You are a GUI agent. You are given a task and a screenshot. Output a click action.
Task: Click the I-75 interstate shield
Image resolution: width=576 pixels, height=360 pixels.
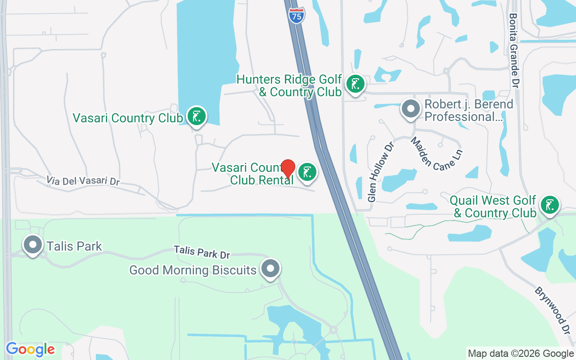point(297,15)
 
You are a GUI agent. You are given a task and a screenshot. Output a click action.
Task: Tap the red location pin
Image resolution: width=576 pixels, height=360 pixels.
point(288,169)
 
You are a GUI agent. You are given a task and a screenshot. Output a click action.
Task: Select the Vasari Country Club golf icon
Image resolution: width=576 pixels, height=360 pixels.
point(196,116)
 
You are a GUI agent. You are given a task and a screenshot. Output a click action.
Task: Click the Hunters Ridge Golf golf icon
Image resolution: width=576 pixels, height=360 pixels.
point(355,84)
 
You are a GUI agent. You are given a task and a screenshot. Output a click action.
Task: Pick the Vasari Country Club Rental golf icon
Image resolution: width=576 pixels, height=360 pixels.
point(307,172)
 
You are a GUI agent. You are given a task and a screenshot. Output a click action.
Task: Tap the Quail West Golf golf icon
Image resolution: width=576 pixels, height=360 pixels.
point(549,205)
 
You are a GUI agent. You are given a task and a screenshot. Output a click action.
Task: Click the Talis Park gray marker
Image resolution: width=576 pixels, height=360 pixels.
point(33,245)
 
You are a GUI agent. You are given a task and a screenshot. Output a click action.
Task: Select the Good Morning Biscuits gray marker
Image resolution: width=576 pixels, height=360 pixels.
point(270,268)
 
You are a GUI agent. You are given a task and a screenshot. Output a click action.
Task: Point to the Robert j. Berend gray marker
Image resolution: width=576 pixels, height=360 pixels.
point(410,109)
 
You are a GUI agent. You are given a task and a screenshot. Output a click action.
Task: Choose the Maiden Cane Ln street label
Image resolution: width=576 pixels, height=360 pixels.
point(436,154)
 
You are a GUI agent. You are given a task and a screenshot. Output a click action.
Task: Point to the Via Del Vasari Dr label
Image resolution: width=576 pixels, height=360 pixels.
point(83,180)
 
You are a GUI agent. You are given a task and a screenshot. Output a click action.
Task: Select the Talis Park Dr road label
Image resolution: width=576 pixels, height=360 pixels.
point(202,252)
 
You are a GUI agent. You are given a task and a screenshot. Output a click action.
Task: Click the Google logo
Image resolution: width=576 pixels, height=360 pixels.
point(30,349)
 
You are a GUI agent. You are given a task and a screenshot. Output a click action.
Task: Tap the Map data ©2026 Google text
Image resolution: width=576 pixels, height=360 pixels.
point(521,354)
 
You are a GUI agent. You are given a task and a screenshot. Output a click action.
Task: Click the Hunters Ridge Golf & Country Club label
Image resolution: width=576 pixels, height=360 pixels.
point(289,86)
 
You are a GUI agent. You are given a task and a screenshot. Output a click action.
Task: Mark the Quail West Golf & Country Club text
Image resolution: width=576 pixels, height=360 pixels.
point(495,207)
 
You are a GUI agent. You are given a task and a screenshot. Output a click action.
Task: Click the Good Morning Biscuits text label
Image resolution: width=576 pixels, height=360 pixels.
point(193,270)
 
